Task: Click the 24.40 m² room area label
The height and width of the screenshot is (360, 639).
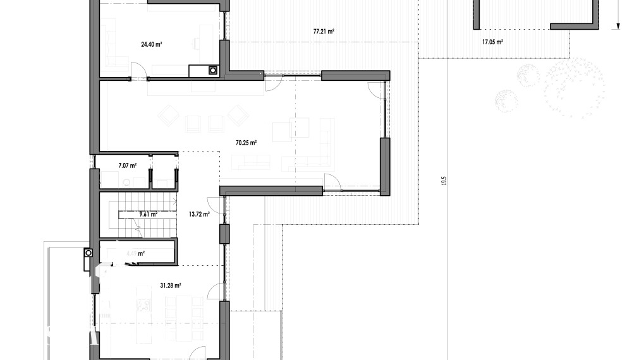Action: click(x=152, y=44)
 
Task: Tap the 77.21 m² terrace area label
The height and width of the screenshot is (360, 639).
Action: click(x=324, y=31)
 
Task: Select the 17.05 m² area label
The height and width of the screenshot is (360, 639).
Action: click(x=492, y=42)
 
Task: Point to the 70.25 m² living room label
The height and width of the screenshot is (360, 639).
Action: click(x=246, y=143)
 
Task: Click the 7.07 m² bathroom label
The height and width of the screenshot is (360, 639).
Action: click(x=128, y=165)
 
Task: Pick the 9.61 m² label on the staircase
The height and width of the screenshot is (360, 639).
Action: click(x=148, y=214)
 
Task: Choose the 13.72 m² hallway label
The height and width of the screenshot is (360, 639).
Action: click(x=198, y=215)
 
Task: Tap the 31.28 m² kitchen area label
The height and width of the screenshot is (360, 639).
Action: click(x=171, y=285)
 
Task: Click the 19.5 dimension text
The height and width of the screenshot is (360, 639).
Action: click(x=444, y=181)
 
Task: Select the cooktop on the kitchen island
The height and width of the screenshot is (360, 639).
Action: click(x=143, y=304)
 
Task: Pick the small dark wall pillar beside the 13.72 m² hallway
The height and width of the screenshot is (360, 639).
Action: click(x=223, y=234)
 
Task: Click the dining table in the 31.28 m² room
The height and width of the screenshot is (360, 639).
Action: click(x=184, y=306)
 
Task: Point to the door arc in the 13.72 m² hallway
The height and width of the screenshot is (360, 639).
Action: click(x=215, y=203)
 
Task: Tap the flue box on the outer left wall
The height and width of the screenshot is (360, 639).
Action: click(x=87, y=253)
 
